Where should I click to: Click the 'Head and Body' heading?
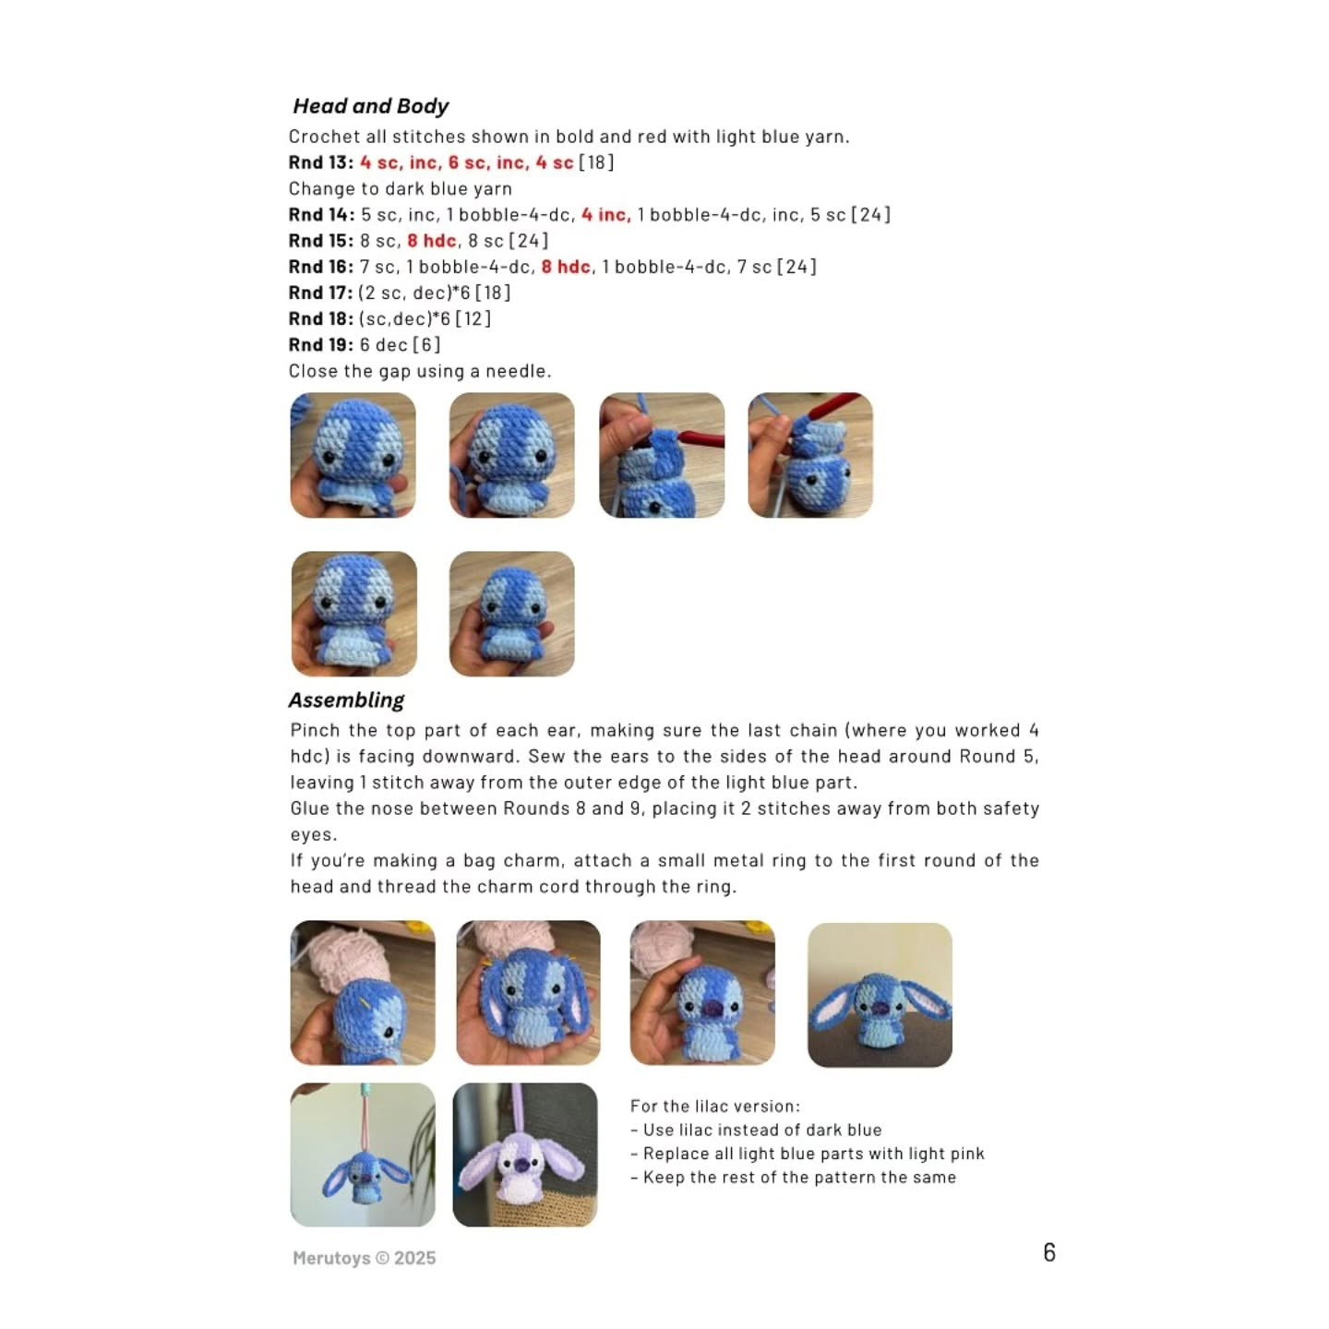point(370,106)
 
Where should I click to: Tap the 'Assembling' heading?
point(346,700)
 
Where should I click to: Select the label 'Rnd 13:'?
point(320,162)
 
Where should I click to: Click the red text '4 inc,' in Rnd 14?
point(605,215)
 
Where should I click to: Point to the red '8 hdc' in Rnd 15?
point(432,241)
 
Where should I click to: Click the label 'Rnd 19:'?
point(320,345)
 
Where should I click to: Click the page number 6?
point(1048,1252)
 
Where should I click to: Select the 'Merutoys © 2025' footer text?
point(364,1258)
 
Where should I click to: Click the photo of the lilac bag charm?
point(525,1155)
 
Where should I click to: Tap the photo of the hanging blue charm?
point(363,1155)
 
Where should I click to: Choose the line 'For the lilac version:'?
point(714,1106)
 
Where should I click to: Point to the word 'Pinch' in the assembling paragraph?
point(315,730)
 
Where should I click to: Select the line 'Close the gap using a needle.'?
point(420,371)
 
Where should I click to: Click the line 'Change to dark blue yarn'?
point(400,189)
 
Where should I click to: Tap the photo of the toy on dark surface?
point(880,995)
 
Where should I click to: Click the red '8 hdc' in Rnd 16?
point(566,267)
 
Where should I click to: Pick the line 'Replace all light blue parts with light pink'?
point(813,1154)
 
